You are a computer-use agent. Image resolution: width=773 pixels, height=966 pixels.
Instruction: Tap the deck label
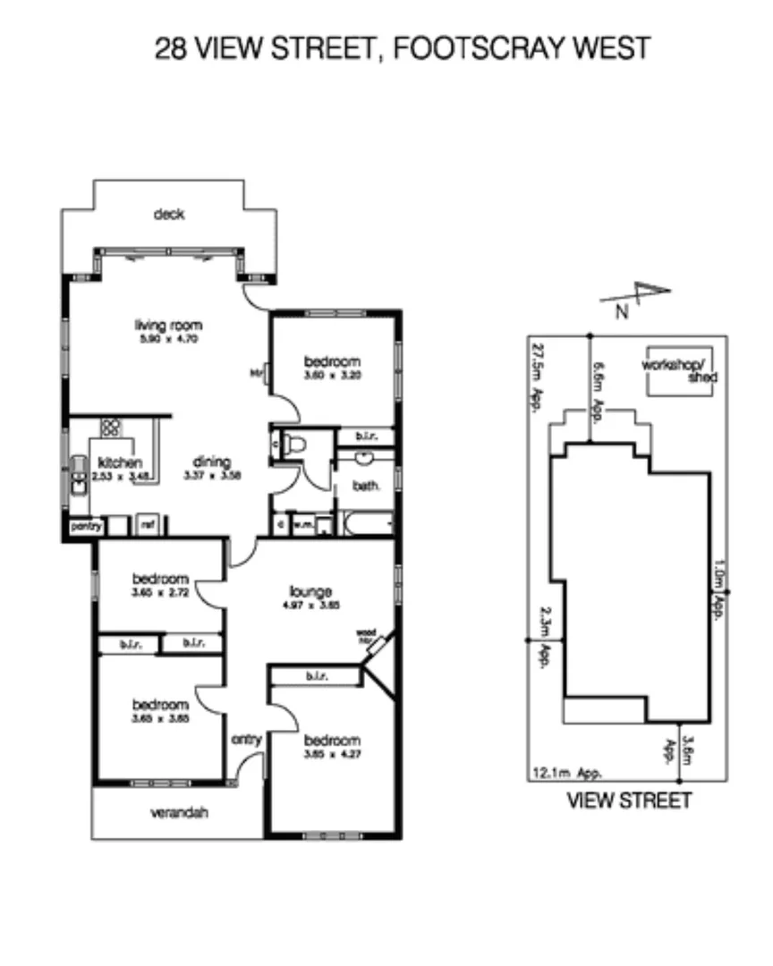168,215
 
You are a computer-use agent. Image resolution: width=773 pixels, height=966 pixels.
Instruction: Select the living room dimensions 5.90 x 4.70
168,339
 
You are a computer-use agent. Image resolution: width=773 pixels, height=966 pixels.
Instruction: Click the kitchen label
120,462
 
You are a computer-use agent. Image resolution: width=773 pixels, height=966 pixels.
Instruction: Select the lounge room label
311,591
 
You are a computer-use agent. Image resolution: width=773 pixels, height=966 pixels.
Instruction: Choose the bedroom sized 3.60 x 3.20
332,361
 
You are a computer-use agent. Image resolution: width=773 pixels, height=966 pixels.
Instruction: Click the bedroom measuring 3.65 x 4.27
332,741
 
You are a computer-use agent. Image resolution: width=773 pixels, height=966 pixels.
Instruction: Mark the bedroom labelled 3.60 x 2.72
161,578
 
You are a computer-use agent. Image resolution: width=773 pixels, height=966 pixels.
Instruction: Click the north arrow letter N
622,312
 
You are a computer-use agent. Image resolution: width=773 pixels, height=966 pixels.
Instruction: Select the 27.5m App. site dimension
538,372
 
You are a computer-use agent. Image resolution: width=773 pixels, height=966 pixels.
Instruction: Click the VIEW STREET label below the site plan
629,801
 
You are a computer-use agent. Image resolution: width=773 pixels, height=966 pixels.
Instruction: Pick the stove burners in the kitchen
111,428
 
